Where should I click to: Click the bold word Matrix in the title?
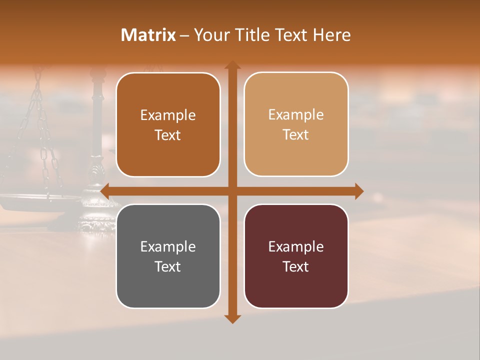pyautogui.click(x=148, y=35)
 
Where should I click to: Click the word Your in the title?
pyautogui.click(x=210, y=35)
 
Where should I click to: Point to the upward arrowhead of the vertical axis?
pyautogui.click(x=232, y=65)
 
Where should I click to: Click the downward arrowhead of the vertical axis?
pyautogui.click(x=232, y=318)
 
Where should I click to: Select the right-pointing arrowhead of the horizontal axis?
pyautogui.click(x=358, y=191)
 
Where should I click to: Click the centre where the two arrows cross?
pyautogui.click(x=232, y=191)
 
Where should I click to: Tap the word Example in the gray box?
pyautogui.click(x=168, y=246)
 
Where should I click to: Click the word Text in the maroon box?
pyautogui.click(x=296, y=266)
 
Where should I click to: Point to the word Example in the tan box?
pyautogui.click(x=296, y=114)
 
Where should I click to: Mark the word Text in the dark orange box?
pyautogui.click(x=168, y=135)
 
